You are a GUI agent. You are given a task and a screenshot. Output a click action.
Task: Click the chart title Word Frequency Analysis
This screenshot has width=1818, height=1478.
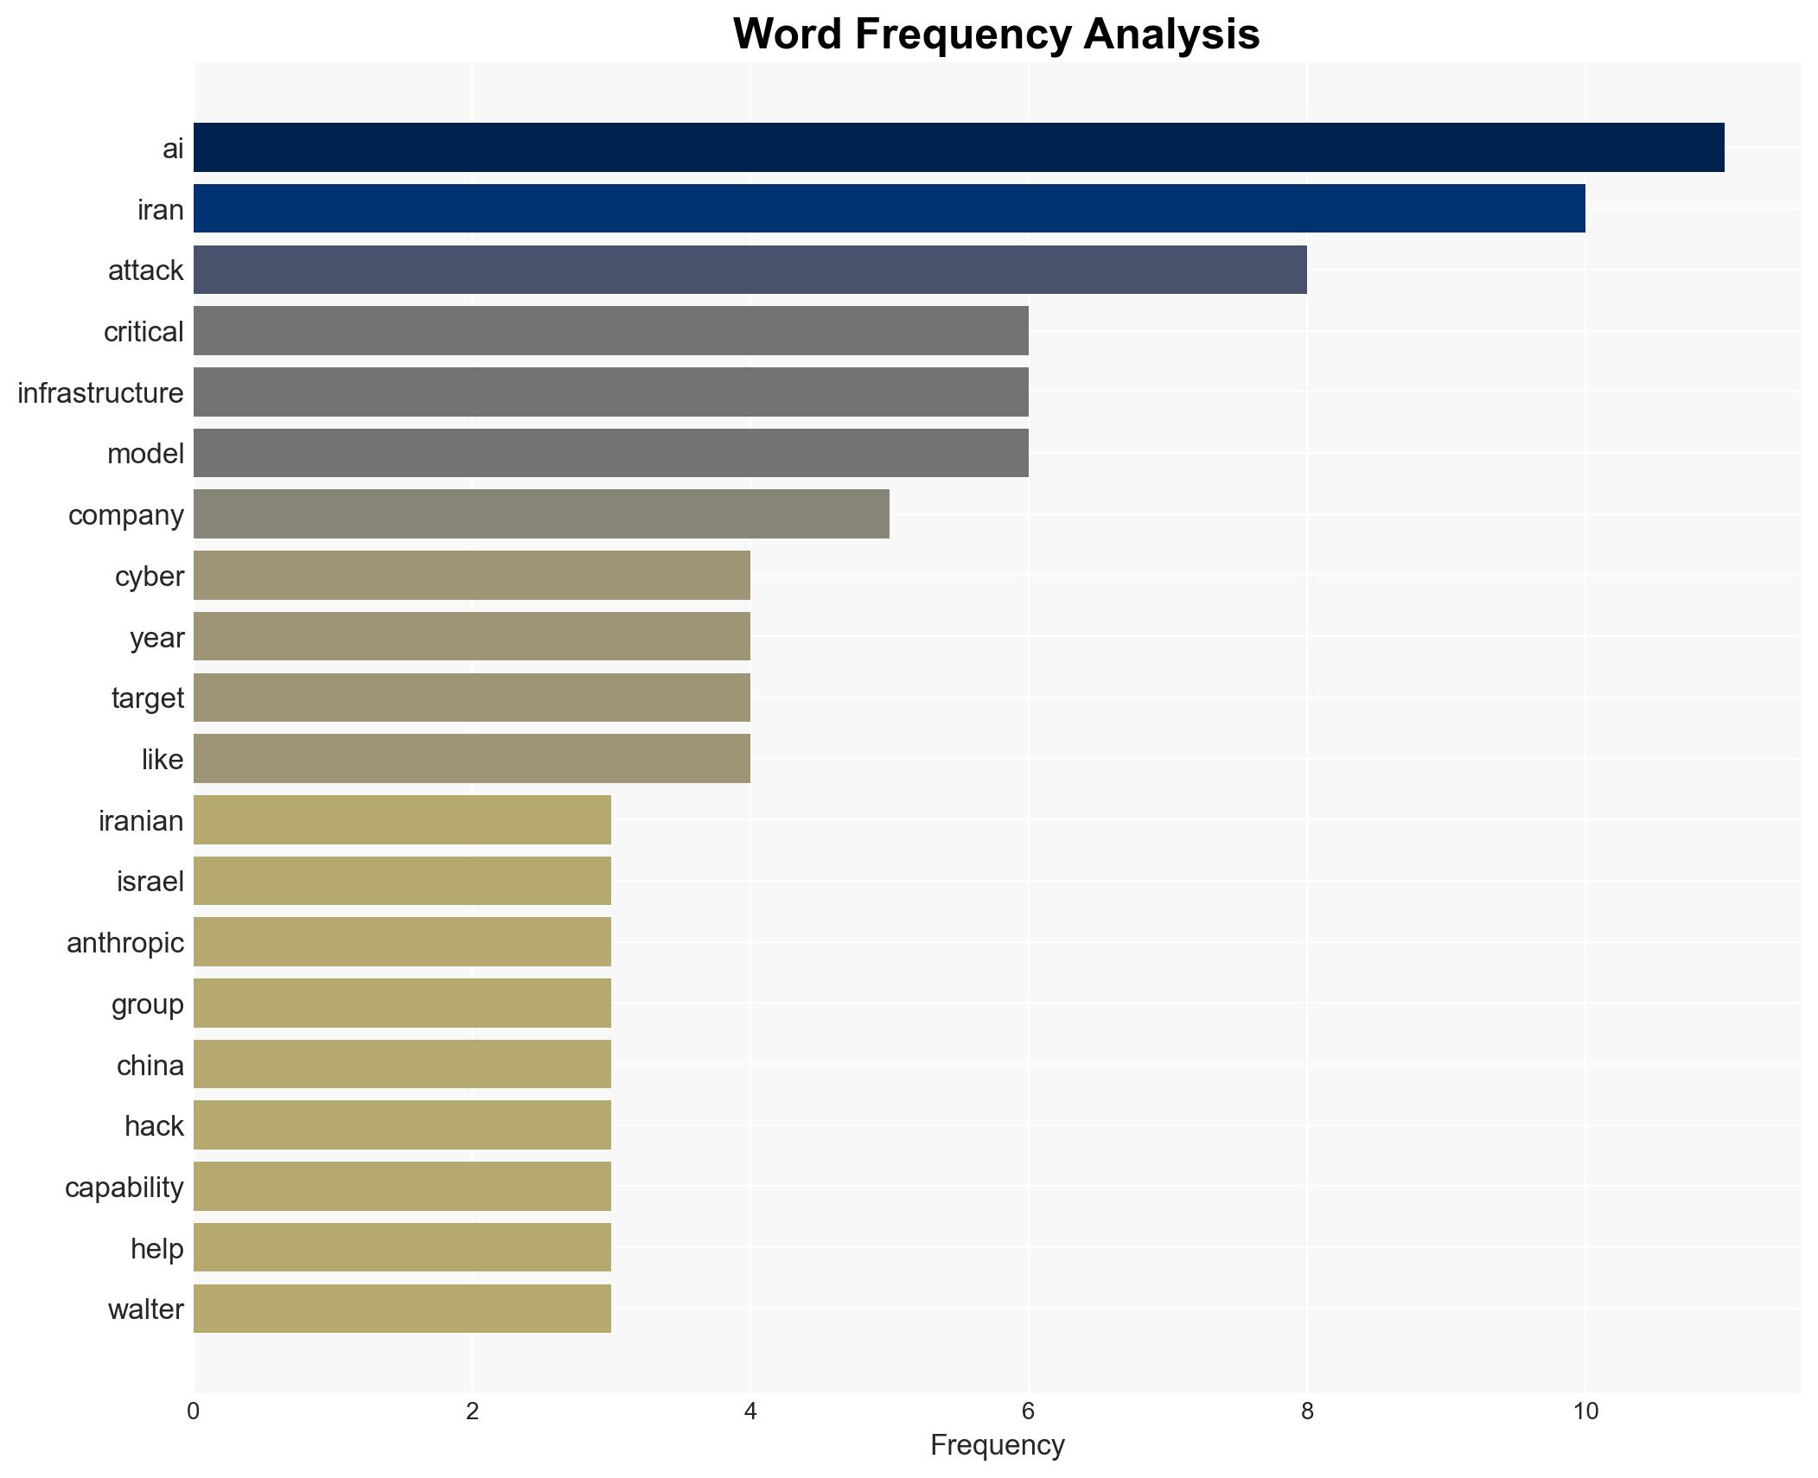pos(996,35)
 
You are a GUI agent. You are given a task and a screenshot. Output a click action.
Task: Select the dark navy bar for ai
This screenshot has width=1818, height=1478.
pos(958,147)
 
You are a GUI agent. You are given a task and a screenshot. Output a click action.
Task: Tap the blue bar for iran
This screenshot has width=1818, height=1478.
pos(889,208)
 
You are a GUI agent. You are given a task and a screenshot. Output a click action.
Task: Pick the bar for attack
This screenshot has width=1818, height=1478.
pos(750,270)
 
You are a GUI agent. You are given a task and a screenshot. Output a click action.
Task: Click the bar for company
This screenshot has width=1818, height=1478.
pos(541,514)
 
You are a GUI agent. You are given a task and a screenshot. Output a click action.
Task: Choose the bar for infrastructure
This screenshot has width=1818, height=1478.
pos(610,392)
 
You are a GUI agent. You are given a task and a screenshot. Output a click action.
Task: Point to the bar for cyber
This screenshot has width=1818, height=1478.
pos(471,575)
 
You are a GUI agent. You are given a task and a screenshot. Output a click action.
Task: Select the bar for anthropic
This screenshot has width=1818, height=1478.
pos(402,941)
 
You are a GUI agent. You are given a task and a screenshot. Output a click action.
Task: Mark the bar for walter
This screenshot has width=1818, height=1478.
pos(402,1308)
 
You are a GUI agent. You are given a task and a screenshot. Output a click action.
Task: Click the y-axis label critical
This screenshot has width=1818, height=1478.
pos(144,332)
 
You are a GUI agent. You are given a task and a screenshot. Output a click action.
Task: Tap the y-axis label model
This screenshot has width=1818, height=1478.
pos(145,454)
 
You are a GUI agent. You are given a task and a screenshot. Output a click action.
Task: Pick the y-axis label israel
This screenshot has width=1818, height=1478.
pos(150,882)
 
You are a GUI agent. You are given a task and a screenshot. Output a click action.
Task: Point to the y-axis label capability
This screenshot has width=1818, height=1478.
pos(124,1188)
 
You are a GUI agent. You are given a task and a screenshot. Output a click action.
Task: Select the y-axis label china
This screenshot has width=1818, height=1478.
pos(150,1066)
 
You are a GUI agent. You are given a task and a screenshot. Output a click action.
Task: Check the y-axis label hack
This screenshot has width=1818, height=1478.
pos(154,1126)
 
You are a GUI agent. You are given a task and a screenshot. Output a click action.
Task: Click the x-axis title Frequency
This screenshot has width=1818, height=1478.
pos(997,1445)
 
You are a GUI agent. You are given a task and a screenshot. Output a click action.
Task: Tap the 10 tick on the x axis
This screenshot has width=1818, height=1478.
pos(1585,1412)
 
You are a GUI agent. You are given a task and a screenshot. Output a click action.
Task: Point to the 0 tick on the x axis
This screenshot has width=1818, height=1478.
pos(193,1412)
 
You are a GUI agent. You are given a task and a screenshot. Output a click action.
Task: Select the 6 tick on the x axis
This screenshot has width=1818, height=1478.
pos(1028,1412)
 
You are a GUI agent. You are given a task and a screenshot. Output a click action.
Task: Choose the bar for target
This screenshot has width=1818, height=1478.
pos(471,698)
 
